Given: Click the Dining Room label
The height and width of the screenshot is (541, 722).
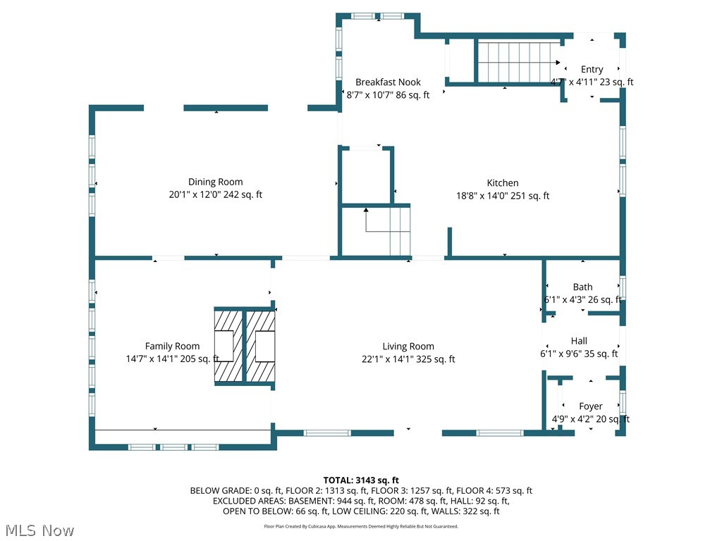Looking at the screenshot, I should [x=215, y=182].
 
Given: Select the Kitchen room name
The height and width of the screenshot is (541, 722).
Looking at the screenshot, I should [x=502, y=183].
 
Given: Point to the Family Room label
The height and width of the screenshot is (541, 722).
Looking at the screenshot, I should [x=172, y=346].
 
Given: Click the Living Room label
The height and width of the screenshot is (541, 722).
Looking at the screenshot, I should [x=408, y=346].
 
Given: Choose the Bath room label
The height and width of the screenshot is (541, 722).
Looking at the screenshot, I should [x=582, y=287].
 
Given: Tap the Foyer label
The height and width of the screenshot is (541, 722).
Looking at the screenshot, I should [x=590, y=406].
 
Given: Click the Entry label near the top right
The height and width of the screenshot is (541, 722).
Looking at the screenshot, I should [x=592, y=69].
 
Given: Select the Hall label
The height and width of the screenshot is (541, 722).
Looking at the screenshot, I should [x=579, y=341].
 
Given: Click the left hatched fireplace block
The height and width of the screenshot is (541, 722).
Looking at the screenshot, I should [x=228, y=346].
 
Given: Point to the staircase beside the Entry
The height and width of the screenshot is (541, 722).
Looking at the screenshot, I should [x=519, y=62].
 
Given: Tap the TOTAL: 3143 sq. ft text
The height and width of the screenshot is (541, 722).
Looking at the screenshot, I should [x=361, y=480].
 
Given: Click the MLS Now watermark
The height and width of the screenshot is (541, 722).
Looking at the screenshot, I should [x=39, y=530].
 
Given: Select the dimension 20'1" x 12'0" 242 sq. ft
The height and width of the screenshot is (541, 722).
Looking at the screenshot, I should [x=215, y=195].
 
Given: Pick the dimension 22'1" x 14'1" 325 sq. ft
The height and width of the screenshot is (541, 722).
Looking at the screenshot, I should [x=408, y=359].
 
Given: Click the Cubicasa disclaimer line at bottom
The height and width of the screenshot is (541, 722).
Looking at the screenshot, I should [x=361, y=526].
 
